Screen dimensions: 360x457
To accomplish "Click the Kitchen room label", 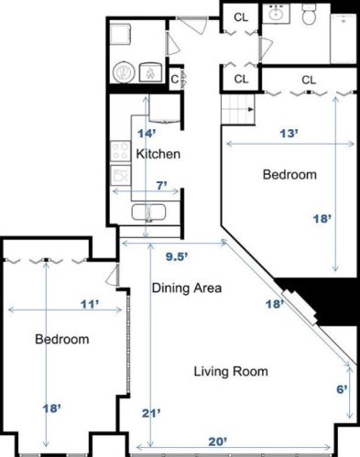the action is [x=158, y=154].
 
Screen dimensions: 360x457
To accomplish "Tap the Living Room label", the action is [x=231, y=371].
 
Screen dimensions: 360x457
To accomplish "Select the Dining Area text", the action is [x=187, y=288].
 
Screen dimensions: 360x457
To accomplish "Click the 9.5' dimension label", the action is [x=177, y=256].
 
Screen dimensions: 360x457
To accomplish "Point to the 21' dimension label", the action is [x=151, y=413].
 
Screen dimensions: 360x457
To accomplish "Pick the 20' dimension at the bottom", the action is [x=218, y=441].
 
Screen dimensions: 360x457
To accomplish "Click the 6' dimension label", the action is [x=342, y=389].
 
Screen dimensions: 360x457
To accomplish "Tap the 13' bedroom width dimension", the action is [x=289, y=134].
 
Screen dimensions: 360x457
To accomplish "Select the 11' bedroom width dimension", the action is [x=90, y=304].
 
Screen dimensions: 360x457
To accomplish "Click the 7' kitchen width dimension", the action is [x=162, y=185].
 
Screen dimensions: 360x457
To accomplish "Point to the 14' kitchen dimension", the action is [x=147, y=134].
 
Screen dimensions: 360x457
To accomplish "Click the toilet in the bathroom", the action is [x=310, y=15].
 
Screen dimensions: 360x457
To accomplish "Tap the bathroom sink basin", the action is [x=277, y=14].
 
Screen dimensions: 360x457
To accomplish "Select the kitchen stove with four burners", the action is [x=120, y=151].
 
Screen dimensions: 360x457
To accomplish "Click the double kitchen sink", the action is [x=148, y=212].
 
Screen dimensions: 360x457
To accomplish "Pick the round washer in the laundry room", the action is [x=124, y=72].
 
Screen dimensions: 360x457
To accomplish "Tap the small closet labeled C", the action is [x=174, y=80].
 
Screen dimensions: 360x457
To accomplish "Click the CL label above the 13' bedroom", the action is [x=309, y=80].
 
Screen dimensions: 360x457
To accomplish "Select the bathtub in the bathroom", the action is [x=344, y=38].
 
